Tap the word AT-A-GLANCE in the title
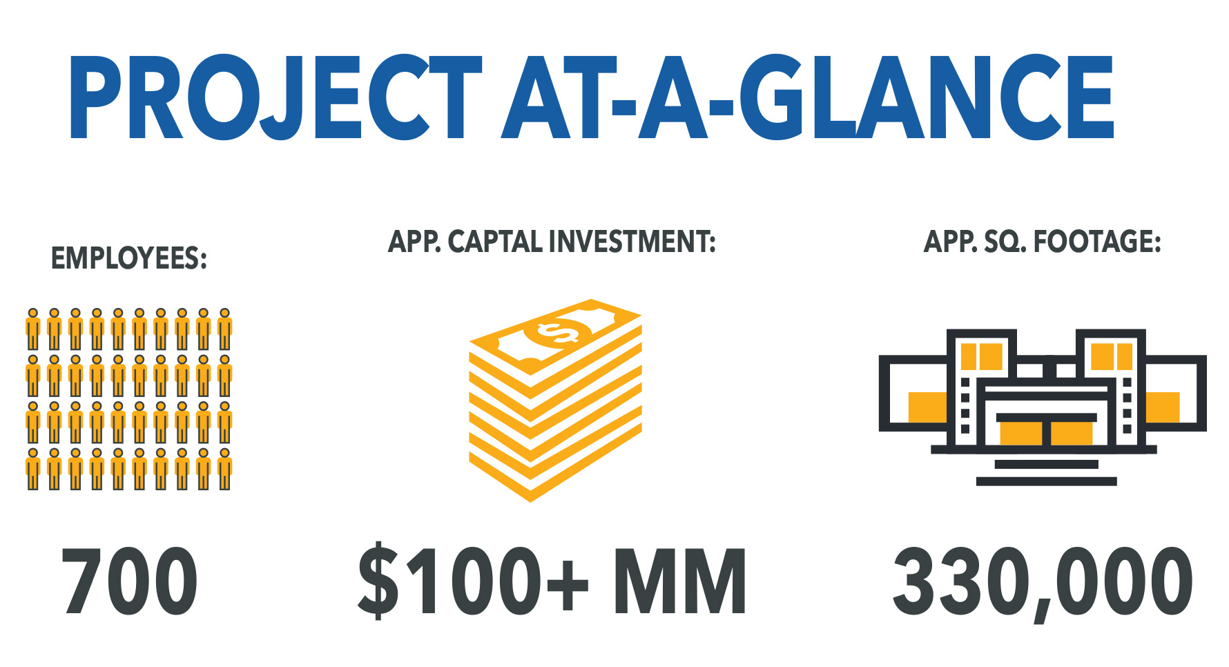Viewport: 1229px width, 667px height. click(x=808, y=97)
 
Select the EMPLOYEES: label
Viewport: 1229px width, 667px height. click(x=129, y=259)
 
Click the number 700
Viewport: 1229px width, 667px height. click(x=130, y=581)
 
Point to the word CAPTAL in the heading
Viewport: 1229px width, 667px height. click(x=495, y=242)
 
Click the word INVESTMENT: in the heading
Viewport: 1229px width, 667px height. click(x=632, y=242)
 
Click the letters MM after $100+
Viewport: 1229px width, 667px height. click(x=680, y=581)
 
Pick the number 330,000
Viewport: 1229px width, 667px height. click(x=1043, y=583)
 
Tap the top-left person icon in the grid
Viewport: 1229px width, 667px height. click(x=32, y=329)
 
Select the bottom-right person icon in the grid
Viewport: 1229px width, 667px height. click(x=224, y=470)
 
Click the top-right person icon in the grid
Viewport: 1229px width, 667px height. click(x=224, y=329)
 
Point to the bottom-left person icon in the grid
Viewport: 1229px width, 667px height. click(x=32, y=470)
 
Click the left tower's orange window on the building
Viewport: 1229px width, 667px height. click(x=982, y=356)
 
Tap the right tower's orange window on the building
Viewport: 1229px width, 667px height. click(x=1112, y=356)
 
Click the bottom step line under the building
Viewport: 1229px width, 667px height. click(x=1046, y=481)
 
